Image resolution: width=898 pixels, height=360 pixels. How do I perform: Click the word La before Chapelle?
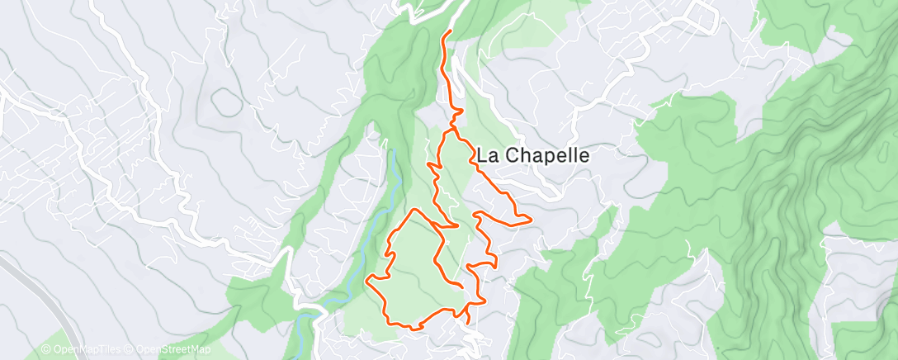486,154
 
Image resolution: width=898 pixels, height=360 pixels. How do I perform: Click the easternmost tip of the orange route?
529,219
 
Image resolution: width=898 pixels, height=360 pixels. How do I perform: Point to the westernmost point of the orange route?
367,282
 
